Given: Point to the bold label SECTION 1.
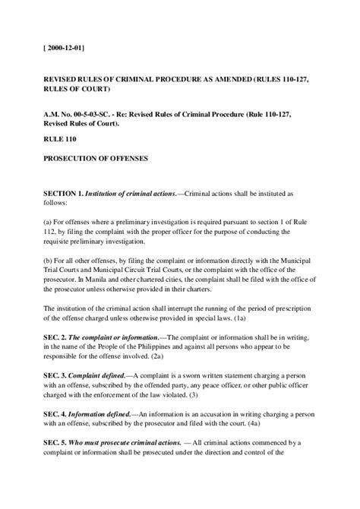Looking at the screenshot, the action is (x=66, y=194).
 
